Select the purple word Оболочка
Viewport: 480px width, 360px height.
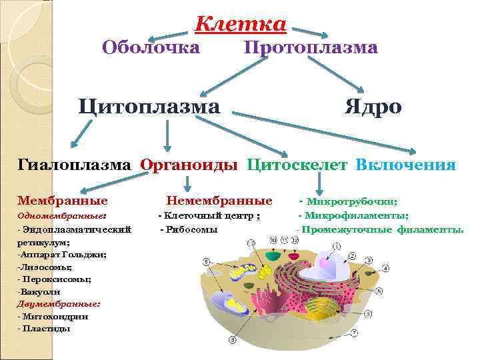pyautogui.click(x=151, y=47)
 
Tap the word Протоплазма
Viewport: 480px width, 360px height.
pyautogui.click(x=311, y=47)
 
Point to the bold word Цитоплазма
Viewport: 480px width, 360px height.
pyautogui.click(x=149, y=107)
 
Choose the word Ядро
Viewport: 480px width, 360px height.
pyautogui.click(x=373, y=107)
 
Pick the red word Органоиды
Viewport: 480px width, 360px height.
pyautogui.click(x=189, y=165)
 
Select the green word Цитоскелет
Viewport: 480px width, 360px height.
pyautogui.click(x=297, y=165)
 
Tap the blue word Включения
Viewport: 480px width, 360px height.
pyautogui.click(x=406, y=165)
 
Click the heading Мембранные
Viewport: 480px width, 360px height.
pyautogui.click(x=63, y=200)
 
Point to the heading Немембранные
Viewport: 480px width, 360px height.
pyautogui.click(x=219, y=200)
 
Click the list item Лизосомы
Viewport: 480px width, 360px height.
pyautogui.click(x=46, y=266)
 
